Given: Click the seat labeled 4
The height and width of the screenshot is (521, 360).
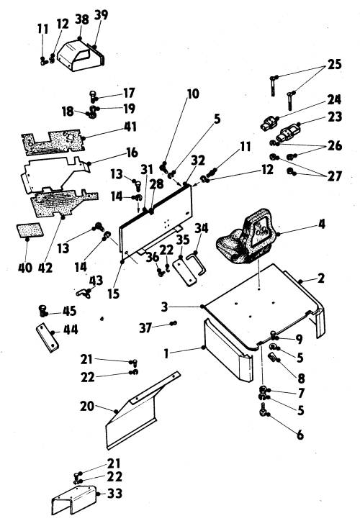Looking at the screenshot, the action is [x=246, y=237].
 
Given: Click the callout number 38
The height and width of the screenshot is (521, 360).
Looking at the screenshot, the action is [x=82, y=19].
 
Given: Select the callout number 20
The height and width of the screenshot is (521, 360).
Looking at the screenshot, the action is [x=86, y=406].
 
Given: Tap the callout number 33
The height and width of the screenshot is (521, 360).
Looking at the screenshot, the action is [x=114, y=494].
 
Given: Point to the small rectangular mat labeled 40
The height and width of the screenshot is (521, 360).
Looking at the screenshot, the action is [x=30, y=230].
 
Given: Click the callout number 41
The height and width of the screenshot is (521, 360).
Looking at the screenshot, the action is [x=130, y=127].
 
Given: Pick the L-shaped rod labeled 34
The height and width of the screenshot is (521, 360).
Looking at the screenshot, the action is [x=197, y=264].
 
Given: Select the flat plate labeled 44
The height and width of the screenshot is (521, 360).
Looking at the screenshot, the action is [x=48, y=337].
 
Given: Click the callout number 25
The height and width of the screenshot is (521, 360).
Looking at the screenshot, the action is [x=334, y=64].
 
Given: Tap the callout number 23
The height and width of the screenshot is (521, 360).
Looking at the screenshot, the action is [x=334, y=117].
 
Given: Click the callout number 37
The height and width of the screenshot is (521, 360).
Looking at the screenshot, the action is [x=145, y=328].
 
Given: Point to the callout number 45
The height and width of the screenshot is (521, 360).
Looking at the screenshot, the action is [x=69, y=311].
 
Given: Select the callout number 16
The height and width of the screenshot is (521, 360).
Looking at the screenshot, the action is [x=132, y=153].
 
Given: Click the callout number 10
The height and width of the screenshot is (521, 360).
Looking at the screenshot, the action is [x=193, y=94].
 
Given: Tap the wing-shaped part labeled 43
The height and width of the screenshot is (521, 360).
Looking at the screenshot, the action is [x=83, y=293].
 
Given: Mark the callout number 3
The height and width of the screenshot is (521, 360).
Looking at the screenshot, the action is [x=165, y=307].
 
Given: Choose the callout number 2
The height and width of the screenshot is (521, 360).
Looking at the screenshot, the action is [x=321, y=278].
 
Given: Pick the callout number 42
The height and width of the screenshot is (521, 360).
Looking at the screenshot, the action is [x=45, y=268].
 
